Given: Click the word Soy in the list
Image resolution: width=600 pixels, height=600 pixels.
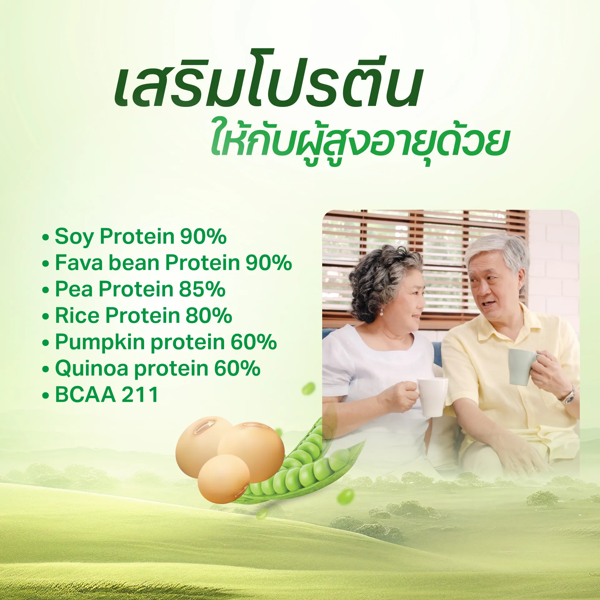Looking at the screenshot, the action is pos(74,237).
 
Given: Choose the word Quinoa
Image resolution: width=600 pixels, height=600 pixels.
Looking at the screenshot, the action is pos(92,369).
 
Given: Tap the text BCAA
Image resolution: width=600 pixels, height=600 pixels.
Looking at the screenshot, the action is pos(85,395).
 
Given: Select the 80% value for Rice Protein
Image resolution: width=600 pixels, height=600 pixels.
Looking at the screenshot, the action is pos(209,315).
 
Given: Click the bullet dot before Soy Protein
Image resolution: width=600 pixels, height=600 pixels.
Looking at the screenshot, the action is pos(46,237).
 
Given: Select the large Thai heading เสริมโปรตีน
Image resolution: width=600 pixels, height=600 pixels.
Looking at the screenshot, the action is pos(267,78).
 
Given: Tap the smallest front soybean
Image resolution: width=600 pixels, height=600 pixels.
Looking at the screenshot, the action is pos(224,479).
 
